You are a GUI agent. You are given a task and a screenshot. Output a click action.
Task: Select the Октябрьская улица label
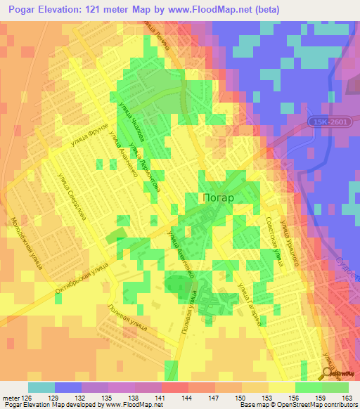pyautogui.click(x=81, y=281)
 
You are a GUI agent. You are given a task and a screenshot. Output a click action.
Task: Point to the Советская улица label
pyautogui.click(x=273, y=241)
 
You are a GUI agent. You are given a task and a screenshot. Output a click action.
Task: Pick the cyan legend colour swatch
pyautogui.click(x=41, y=387)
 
